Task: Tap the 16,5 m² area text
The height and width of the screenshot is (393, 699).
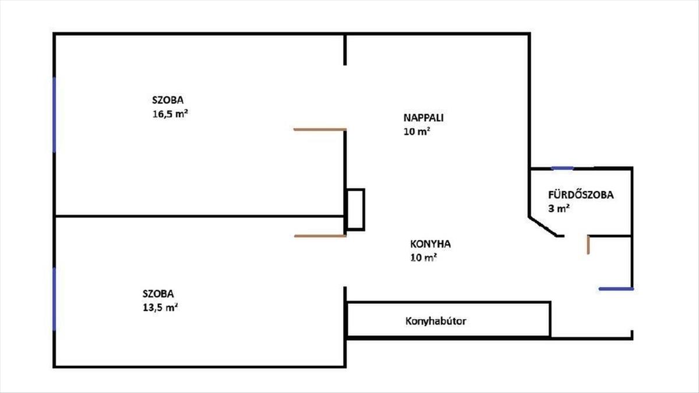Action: click(x=170, y=114)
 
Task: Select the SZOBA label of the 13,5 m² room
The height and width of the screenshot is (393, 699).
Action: click(x=158, y=294)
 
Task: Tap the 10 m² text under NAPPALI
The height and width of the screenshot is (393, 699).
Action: click(x=416, y=132)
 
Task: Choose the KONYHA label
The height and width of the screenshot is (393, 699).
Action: click(x=430, y=245)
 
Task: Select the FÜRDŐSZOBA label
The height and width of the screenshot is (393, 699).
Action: click(x=581, y=196)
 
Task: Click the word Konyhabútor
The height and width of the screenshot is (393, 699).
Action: click(x=436, y=321)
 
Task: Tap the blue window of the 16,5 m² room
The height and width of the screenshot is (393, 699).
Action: click(x=54, y=114)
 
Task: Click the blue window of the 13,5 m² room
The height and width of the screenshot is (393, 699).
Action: click(x=54, y=299)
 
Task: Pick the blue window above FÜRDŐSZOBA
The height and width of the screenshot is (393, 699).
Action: click(x=562, y=168)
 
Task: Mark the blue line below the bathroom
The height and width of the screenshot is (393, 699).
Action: click(x=616, y=288)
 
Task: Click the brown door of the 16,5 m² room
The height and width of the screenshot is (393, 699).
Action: click(x=320, y=129)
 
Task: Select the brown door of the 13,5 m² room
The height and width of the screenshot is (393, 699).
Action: click(x=320, y=236)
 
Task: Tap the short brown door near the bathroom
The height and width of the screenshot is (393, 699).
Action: click(x=589, y=245)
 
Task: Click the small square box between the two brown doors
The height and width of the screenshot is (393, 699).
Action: click(x=355, y=209)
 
